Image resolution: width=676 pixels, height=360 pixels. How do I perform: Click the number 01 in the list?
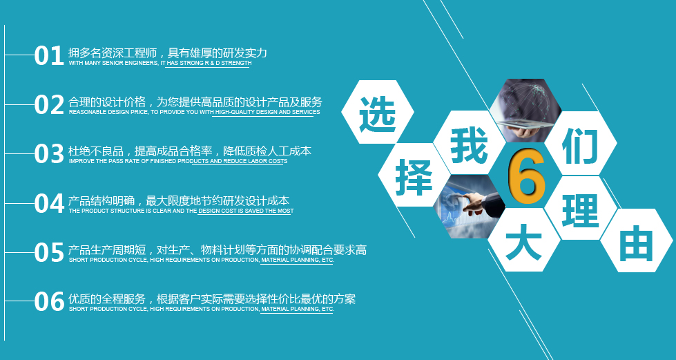point(49,56)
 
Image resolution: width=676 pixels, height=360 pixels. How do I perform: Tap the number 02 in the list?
point(49,105)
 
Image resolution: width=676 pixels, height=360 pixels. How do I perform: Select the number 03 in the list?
point(49,154)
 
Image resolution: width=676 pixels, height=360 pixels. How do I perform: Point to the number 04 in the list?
point(49,203)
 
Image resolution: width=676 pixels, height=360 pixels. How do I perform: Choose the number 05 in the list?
point(49,252)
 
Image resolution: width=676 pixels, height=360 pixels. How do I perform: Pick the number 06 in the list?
point(49,302)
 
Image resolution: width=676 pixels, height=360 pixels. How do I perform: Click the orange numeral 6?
point(526,178)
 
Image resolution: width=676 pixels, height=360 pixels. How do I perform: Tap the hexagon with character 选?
point(378,112)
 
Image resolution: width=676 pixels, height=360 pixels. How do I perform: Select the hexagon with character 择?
point(414,176)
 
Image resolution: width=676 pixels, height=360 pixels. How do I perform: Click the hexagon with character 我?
point(470,143)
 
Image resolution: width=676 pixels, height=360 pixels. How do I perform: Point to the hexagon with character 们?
point(580,143)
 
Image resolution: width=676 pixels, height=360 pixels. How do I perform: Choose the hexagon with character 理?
point(580,208)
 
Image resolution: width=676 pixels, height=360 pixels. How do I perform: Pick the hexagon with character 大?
point(524,240)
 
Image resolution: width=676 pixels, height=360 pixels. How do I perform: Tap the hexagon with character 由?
point(637,240)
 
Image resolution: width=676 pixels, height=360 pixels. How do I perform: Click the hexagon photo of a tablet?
point(525,111)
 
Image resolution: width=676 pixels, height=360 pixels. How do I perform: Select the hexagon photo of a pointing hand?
point(470,207)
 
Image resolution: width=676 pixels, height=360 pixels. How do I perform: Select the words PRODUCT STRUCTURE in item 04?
point(108,211)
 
